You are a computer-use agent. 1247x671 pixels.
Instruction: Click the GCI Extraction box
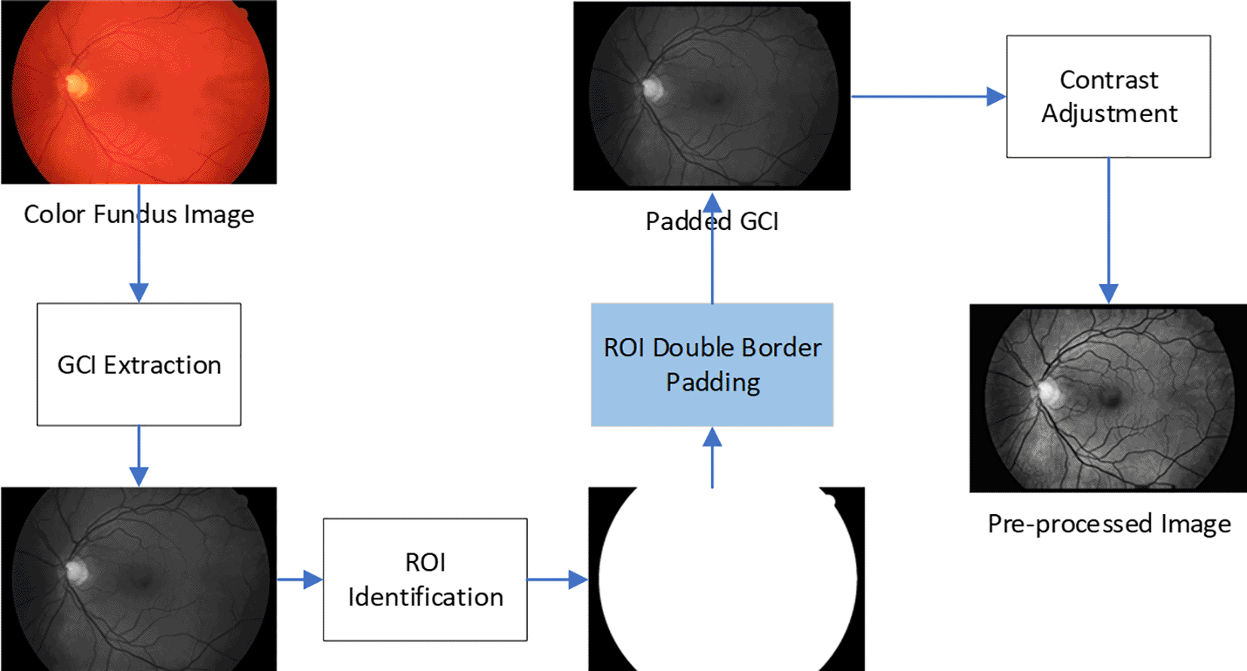coord(139,364)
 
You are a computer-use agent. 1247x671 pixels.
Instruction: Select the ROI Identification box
coord(425,579)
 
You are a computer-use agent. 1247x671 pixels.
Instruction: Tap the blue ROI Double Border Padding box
coord(712,365)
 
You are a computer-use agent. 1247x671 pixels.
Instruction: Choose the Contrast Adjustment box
coord(1108,97)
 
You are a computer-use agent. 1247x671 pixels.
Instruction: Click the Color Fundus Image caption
coord(139,214)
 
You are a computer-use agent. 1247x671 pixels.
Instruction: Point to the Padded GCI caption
coord(712,222)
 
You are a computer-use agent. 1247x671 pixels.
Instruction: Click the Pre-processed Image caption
coord(1108,524)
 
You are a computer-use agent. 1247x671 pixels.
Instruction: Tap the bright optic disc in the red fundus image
coord(75,84)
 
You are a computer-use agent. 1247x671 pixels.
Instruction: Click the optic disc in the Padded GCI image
coord(651,90)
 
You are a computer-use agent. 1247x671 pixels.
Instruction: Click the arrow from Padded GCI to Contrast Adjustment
coord(927,97)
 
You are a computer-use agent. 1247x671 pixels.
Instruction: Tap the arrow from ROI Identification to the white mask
coord(556,579)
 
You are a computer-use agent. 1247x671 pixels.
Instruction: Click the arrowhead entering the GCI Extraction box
coord(139,293)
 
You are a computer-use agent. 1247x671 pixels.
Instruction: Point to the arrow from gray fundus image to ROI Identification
coord(299,579)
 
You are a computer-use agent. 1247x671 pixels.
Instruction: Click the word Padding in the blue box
coord(712,382)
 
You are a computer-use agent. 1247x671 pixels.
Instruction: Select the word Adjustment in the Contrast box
coord(1108,114)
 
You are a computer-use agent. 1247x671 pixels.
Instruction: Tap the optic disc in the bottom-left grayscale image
coord(75,571)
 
